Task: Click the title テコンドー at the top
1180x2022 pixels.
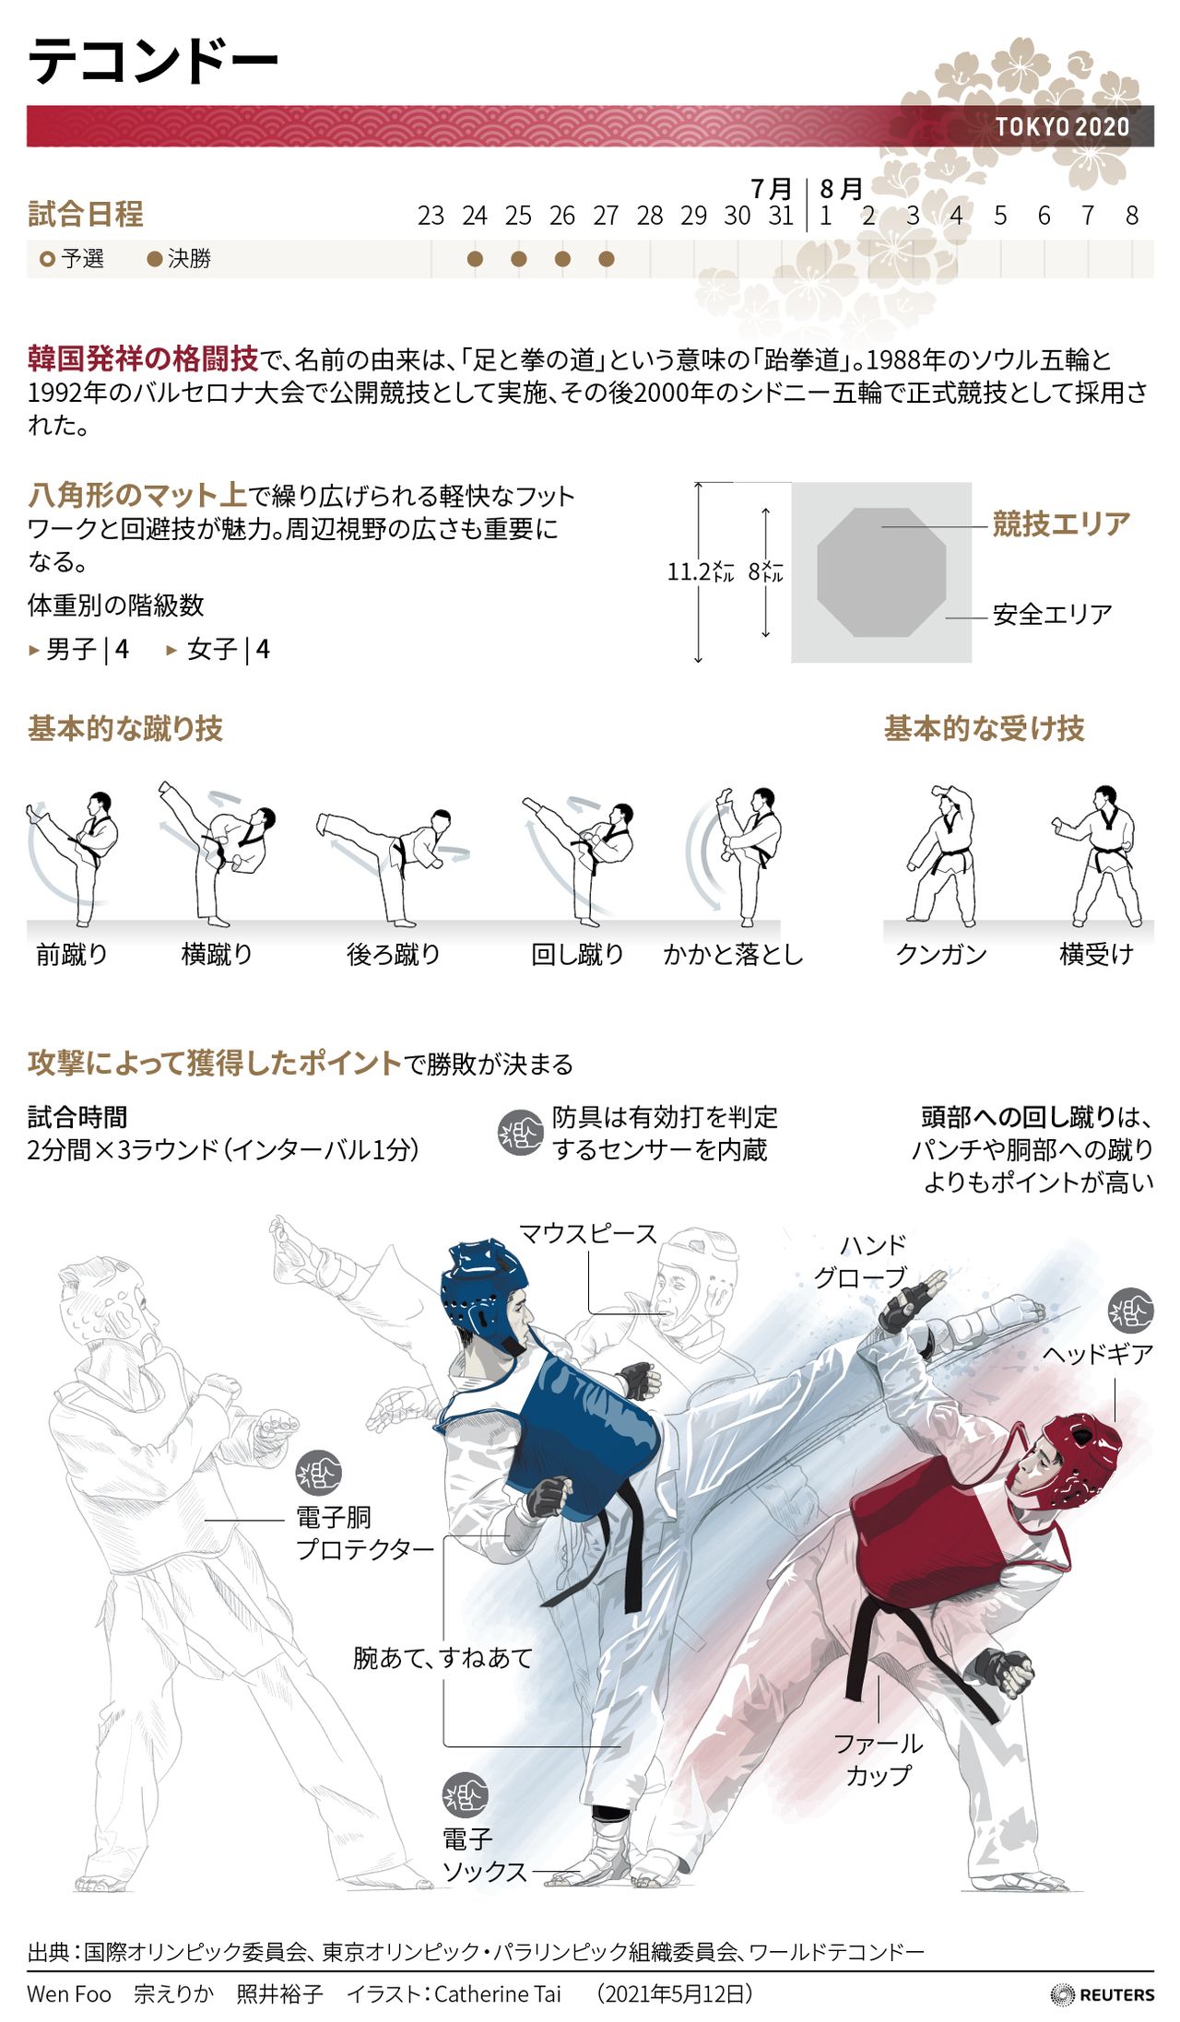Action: [153, 62]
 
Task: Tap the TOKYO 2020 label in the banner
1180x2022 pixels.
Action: [1062, 127]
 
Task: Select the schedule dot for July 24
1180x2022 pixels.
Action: [475, 259]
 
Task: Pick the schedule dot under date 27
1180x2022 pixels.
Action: [606, 259]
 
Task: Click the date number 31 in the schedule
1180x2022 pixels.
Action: [781, 216]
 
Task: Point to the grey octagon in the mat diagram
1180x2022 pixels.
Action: [881, 572]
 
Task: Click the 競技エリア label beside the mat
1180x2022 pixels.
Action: [1061, 524]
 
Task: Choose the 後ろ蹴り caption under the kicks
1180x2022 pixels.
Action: [394, 954]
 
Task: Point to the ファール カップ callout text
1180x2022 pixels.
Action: [879, 1758]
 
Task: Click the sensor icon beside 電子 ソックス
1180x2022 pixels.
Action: [465, 1795]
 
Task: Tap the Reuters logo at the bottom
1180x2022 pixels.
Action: [1103, 1994]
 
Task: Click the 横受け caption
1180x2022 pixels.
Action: [1096, 954]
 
